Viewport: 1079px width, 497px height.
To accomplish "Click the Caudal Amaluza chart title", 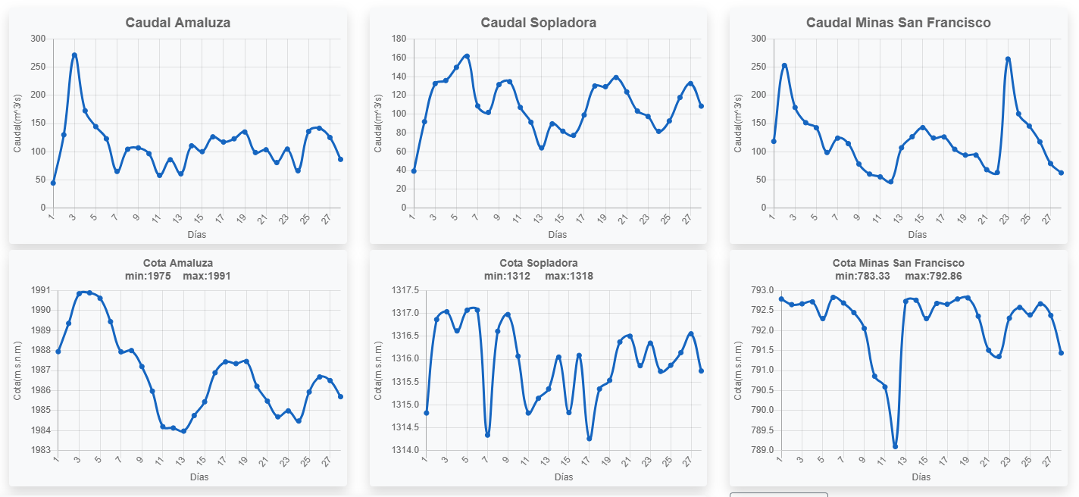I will coord(178,23).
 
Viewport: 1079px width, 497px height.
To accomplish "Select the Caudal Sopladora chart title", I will coord(538,23).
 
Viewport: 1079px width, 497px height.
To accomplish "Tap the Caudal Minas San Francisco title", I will coord(898,23).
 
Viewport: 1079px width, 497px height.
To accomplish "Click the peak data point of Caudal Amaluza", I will coord(74,55).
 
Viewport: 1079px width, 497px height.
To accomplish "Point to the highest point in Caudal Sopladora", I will coord(467,56).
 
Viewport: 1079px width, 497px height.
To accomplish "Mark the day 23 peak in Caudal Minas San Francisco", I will coord(1008,59).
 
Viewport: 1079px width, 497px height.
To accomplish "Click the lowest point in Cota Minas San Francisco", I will coord(895,446).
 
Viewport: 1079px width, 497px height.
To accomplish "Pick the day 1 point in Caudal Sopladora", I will coord(414,171).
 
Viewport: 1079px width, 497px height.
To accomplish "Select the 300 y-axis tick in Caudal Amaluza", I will coord(39,39).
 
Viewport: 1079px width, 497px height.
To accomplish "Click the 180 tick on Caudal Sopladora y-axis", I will coord(399,39).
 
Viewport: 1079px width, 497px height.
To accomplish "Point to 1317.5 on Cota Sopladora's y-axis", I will coord(402,290).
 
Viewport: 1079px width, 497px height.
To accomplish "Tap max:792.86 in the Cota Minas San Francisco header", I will coord(934,276).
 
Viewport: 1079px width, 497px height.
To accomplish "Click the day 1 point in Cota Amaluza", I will coord(58,352).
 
